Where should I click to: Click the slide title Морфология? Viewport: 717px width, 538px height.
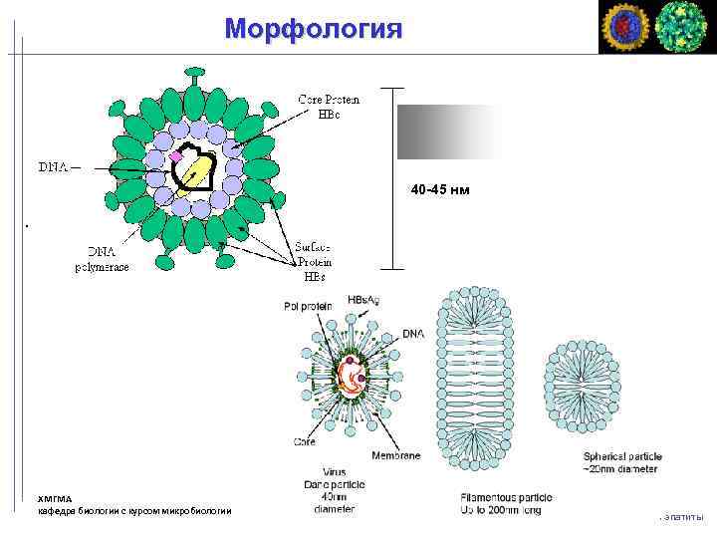[x=314, y=28]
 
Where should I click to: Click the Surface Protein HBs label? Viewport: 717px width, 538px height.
[x=314, y=261]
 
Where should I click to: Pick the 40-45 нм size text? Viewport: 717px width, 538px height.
[x=441, y=189]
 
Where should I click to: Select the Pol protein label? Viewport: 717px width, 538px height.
[x=307, y=306]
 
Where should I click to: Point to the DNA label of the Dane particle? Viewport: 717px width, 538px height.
[x=412, y=334]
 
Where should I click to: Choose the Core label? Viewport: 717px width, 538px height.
[x=306, y=441]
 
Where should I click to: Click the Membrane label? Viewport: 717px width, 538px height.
[x=396, y=455]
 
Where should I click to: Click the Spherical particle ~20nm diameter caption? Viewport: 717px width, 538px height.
[x=622, y=462]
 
